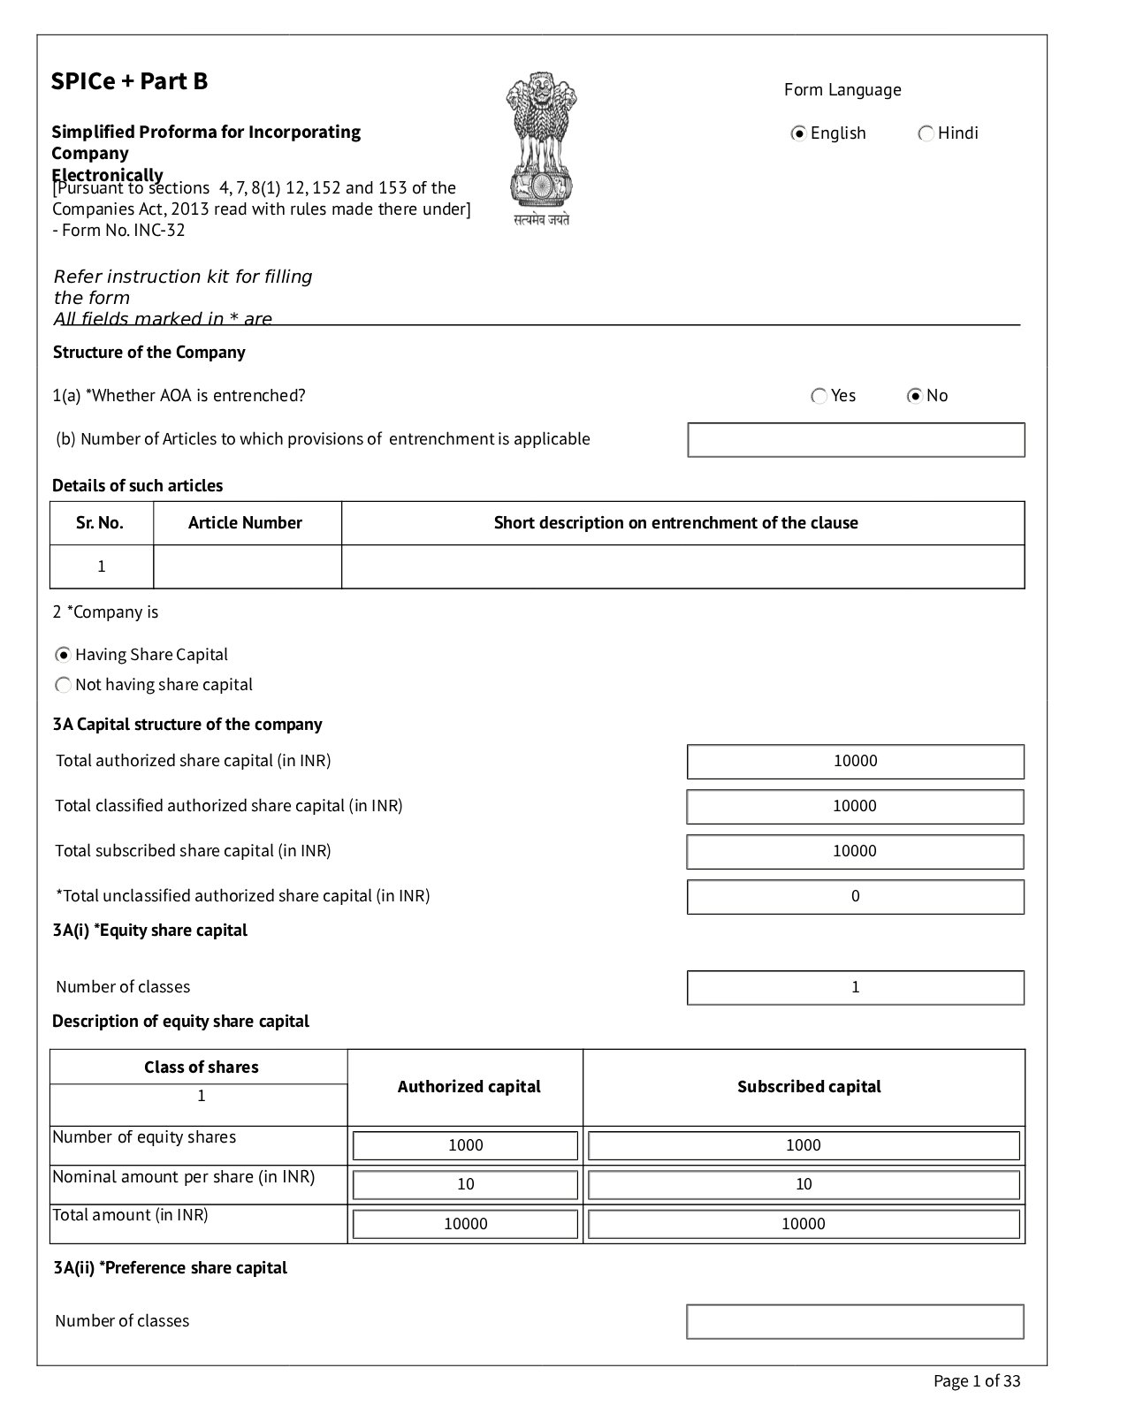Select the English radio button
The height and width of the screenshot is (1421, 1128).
click(799, 133)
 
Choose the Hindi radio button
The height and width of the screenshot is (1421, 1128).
click(926, 133)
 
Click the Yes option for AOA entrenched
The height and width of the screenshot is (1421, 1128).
click(819, 396)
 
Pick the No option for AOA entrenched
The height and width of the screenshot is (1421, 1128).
click(915, 396)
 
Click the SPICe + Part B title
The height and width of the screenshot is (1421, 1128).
click(130, 81)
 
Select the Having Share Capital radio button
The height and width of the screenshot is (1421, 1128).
click(64, 655)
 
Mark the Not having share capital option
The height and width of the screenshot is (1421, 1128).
click(64, 685)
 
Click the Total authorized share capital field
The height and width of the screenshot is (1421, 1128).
click(855, 761)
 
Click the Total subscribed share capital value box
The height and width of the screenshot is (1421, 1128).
click(855, 851)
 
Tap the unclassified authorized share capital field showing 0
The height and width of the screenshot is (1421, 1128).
click(855, 896)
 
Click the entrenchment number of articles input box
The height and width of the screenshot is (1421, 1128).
click(856, 440)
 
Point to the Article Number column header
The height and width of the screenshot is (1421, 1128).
click(245, 523)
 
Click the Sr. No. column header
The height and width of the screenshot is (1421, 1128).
click(100, 523)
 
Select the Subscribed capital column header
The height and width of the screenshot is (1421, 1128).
click(809, 1087)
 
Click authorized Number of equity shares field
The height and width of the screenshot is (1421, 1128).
click(465, 1145)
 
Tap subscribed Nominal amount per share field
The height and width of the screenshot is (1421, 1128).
click(804, 1184)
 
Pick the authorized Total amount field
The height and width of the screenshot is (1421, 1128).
click(465, 1224)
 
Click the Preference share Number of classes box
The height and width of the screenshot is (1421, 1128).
click(855, 1321)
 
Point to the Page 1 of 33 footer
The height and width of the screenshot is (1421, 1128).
click(976, 1381)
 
